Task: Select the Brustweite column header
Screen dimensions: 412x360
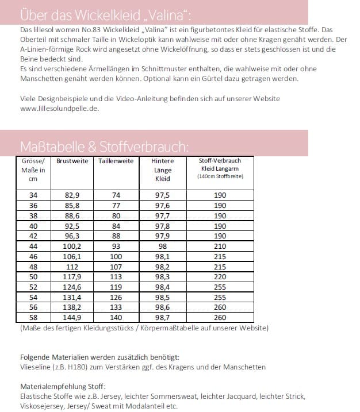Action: (x=72, y=161)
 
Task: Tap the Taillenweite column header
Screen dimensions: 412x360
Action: (x=116, y=161)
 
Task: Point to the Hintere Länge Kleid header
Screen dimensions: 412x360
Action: (x=163, y=170)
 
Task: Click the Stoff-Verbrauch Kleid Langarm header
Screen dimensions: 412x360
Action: (x=220, y=168)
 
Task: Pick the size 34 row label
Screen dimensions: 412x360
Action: (x=33, y=195)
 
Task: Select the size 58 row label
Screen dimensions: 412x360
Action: (x=33, y=317)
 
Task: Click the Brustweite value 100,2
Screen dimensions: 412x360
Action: (x=72, y=247)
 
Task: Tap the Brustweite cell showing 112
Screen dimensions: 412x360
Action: (x=72, y=267)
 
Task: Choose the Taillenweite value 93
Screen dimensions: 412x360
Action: (x=116, y=247)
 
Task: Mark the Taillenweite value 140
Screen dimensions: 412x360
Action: (x=116, y=317)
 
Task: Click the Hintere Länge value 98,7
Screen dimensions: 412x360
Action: (x=163, y=317)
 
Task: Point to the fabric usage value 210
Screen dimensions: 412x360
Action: (x=220, y=247)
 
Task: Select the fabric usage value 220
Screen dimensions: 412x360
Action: (x=220, y=277)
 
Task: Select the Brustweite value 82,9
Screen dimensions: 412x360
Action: (x=72, y=195)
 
